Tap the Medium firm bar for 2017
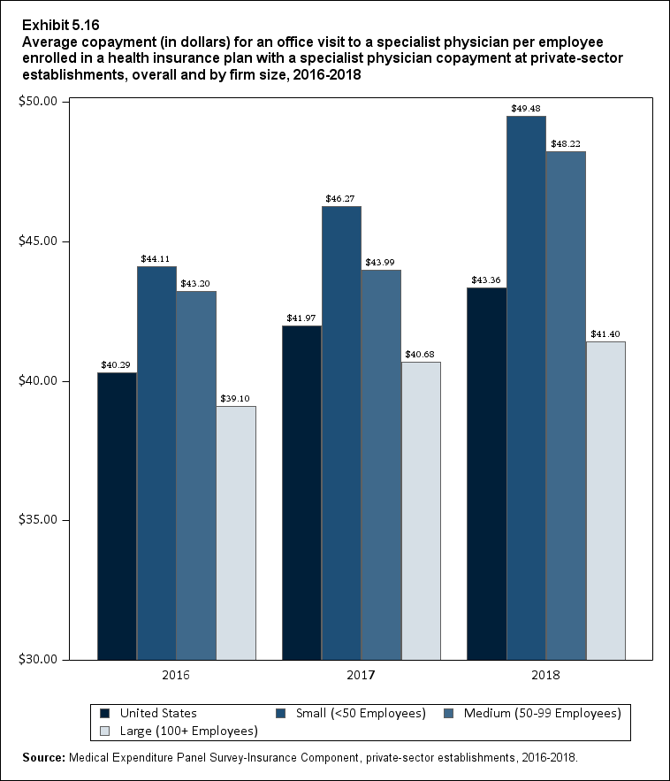click(x=381, y=464)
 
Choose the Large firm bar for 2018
click(x=605, y=500)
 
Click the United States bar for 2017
click(x=301, y=492)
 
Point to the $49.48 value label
click(x=526, y=108)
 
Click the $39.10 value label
click(x=236, y=398)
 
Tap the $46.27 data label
click(x=341, y=198)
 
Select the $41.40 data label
click(x=605, y=333)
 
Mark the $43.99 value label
click(x=381, y=262)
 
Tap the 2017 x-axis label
click(x=361, y=676)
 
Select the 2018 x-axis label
click(x=545, y=676)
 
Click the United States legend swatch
click(x=105, y=713)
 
